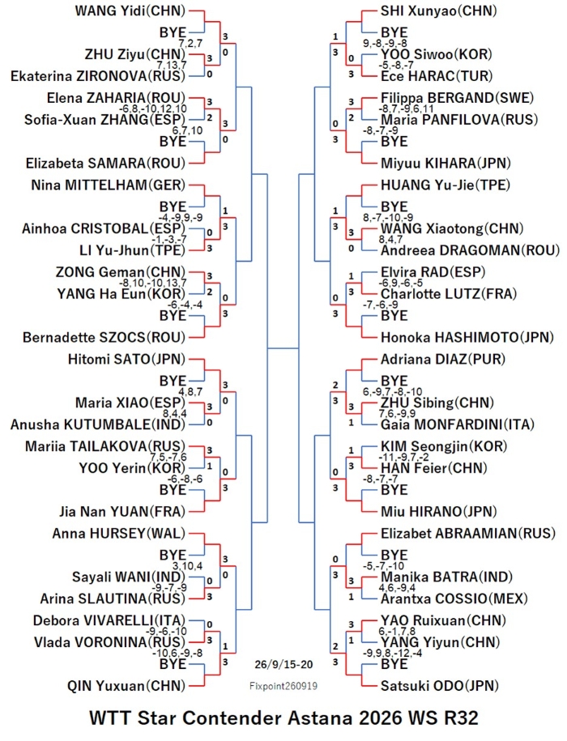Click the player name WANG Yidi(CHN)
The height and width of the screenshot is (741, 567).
coord(130,11)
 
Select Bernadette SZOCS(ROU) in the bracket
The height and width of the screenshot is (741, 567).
coord(104,338)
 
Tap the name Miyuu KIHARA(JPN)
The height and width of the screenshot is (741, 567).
coord(446,164)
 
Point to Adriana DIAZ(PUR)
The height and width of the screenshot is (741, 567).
coord(443,359)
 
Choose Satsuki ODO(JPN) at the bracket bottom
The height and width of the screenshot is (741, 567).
coord(440,686)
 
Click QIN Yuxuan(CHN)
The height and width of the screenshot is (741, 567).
coord(126,686)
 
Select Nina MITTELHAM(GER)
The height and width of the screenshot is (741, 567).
coord(109,185)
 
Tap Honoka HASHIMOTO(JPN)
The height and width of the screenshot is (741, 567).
coord(467,338)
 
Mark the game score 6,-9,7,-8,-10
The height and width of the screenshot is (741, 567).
coord(392,392)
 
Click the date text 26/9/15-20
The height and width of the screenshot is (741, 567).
coord(283,664)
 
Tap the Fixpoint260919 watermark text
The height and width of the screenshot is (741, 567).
coord(283,686)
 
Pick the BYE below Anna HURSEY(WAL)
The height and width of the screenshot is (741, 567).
coord(173,555)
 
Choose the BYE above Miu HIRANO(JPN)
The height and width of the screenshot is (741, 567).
coord(394,490)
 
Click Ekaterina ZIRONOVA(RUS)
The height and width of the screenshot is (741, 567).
coord(98,76)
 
